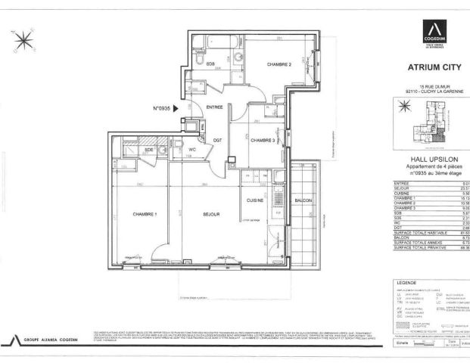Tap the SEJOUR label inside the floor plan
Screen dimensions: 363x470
click(210, 215)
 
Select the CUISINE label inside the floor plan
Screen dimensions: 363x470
click(255, 200)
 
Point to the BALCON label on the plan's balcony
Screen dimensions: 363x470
click(303, 200)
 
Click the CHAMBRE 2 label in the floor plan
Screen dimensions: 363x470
click(279, 64)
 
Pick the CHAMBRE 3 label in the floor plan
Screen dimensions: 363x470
click(263, 141)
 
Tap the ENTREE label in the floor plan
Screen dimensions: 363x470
click(214, 107)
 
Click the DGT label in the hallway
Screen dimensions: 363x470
click(216, 141)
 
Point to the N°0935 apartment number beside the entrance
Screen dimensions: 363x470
click(162, 109)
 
